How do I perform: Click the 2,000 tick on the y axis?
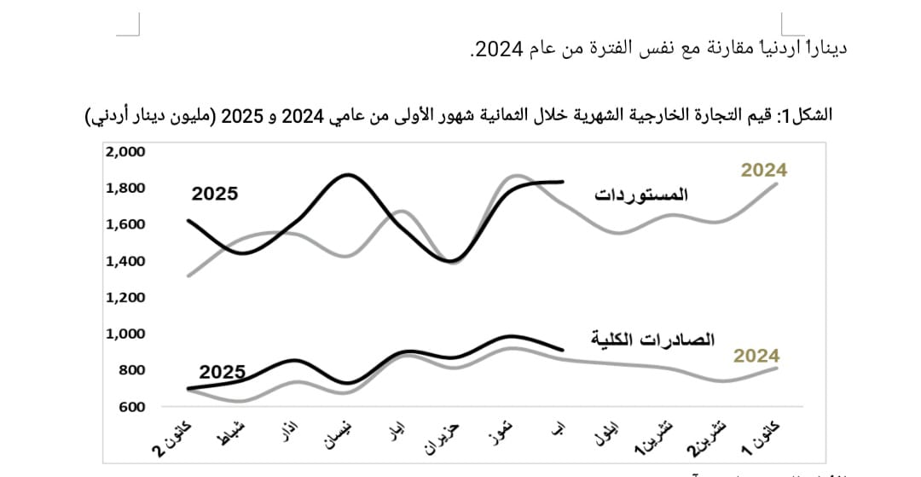(x=125, y=152)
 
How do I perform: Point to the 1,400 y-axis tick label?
(x=125, y=261)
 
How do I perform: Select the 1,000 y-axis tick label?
(x=125, y=334)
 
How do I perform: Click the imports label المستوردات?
(x=640, y=194)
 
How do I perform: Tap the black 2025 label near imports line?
(x=214, y=194)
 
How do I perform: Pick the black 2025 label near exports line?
(x=222, y=372)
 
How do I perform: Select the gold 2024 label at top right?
(x=763, y=170)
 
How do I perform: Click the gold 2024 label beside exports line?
(x=756, y=356)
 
